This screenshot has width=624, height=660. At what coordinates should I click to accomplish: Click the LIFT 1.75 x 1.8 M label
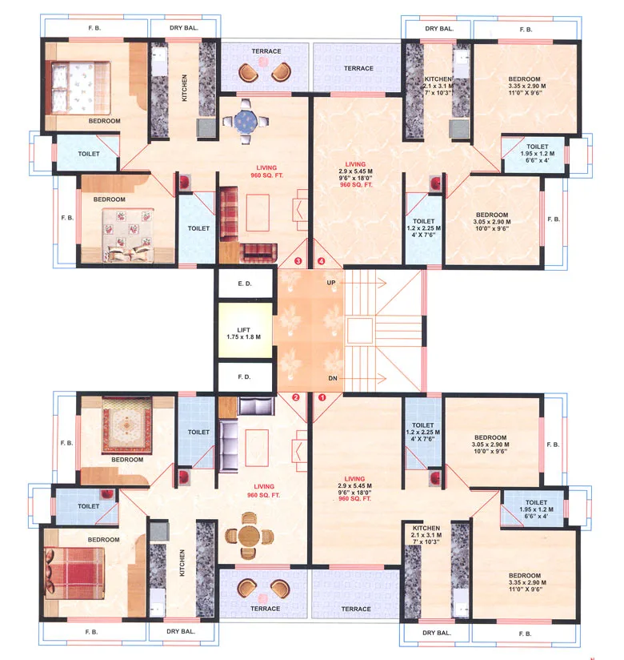(244, 333)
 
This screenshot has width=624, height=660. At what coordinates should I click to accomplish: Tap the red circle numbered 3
(298, 261)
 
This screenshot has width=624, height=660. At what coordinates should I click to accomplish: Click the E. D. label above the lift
(244, 284)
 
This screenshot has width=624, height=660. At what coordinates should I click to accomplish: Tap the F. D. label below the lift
(244, 376)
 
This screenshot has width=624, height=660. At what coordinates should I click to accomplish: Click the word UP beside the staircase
(330, 283)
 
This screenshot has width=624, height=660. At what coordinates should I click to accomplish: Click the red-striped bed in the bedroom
(72, 568)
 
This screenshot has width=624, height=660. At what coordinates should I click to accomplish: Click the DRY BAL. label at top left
(183, 28)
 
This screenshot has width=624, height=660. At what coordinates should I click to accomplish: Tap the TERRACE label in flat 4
(358, 69)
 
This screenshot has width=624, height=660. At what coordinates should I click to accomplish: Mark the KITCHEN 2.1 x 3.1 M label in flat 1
(426, 538)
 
